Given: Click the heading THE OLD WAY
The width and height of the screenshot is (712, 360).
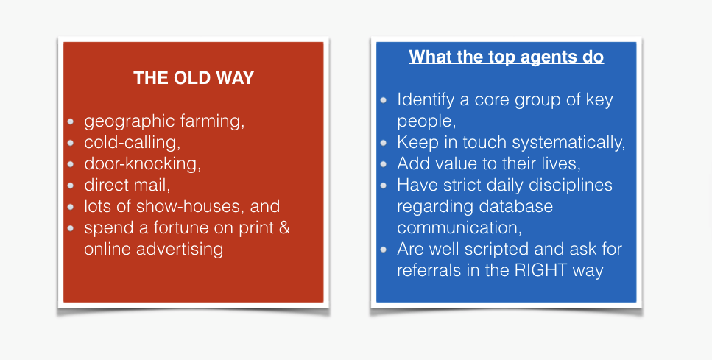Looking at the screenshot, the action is pos(194,77).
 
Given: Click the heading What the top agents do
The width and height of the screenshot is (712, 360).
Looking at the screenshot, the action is pos(507,57).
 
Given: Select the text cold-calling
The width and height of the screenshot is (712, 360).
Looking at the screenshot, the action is pos(132,143).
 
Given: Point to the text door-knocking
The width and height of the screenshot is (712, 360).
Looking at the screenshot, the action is pos(143,164).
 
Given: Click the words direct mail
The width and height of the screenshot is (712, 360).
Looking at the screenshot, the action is pos(127,186).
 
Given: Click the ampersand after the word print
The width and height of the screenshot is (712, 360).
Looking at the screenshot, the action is pos(285,227).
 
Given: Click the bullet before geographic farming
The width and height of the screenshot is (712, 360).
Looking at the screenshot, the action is pos(71,121).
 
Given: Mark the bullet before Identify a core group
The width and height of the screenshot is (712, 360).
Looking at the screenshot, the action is pos(384,100).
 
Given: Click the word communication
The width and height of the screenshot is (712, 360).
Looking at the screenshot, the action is pos(459,228).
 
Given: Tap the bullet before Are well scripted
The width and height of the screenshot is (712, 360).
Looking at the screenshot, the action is pos(384,250).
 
